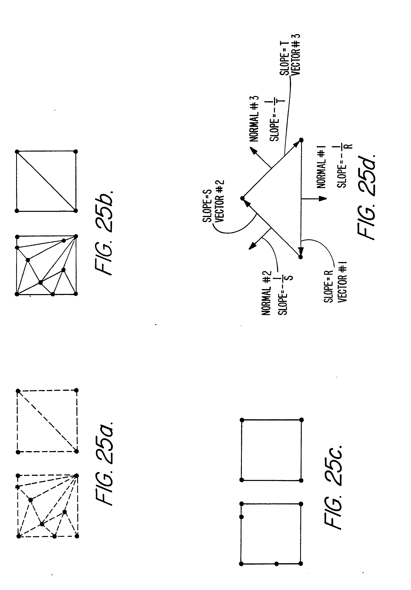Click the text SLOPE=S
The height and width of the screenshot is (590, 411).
click(207, 206)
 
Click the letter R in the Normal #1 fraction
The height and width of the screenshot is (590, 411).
click(349, 146)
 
